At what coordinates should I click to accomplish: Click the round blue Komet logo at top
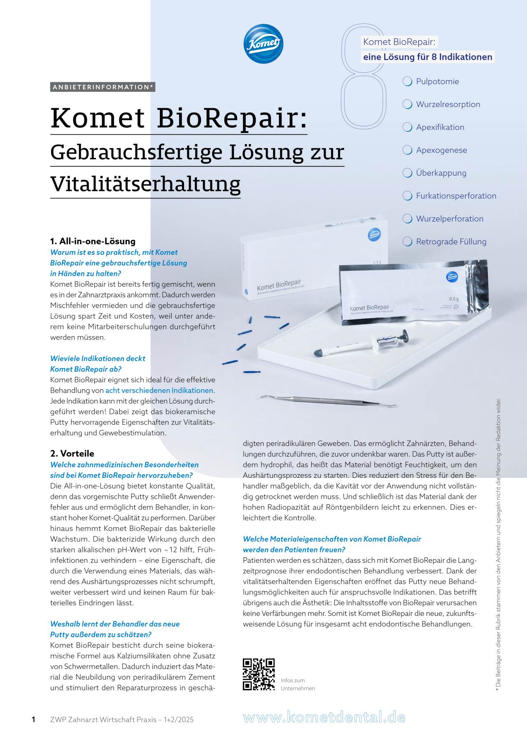point(263,44)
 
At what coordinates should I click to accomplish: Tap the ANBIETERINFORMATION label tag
point(103,87)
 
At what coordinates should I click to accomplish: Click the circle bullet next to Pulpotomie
point(407,81)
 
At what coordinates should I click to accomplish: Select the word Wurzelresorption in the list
point(448,105)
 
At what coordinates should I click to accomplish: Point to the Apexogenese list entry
point(441,150)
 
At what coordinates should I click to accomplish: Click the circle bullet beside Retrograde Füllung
point(407,242)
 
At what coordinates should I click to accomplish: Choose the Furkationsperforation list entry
point(456,196)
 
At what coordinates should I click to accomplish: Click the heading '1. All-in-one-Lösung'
point(93,241)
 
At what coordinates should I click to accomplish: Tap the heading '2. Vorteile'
point(72,454)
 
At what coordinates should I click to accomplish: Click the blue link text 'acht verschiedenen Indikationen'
point(159,391)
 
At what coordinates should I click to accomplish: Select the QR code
point(259,675)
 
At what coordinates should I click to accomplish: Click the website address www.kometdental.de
point(324,717)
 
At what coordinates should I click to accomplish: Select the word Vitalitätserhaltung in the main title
point(145,184)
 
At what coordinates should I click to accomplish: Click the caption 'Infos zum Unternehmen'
point(298,684)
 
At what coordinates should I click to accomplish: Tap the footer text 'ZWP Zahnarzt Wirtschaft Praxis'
point(103,720)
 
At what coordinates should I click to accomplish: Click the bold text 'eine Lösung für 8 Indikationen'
point(427,57)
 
